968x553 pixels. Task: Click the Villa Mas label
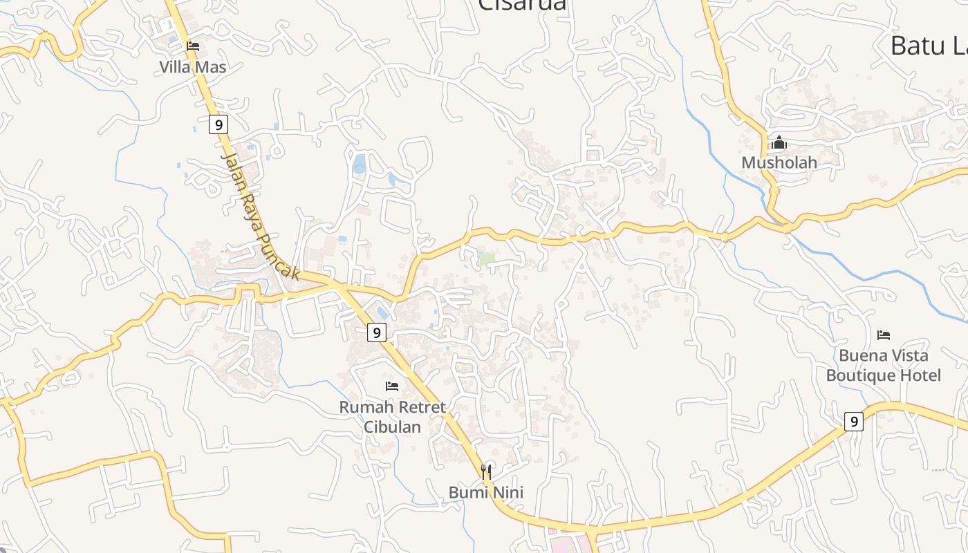pyautogui.click(x=192, y=67)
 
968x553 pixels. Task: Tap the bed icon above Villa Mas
pyautogui.click(x=193, y=46)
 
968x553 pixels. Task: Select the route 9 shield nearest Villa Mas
pyautogui.click(x=218, y=125)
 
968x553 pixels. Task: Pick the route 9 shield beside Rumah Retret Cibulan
pyautogui.click(x=376, y=332)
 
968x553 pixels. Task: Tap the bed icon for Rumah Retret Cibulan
pyautogui.click(x=392, y=386)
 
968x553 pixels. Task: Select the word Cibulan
pyautogui.click(x=393, y=427)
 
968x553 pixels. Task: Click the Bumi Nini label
pyautogui.click(x=485, y=492)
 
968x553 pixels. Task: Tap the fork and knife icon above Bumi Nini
pyautogui.click(x=487, y=471)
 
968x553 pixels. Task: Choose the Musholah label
pyautogui.click(x=779, y=162)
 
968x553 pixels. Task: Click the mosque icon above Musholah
pyautogui.click(x=779, y=143)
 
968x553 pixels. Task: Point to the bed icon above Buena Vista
pyautogui.click(x=883, y=335)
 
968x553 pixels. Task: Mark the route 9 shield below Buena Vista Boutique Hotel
pyautogui.click(x=854, y=421)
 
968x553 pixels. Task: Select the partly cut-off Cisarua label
pyautogui.click(x=522, y=6)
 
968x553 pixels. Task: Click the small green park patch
pyautogui.click(x=487, y=259)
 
